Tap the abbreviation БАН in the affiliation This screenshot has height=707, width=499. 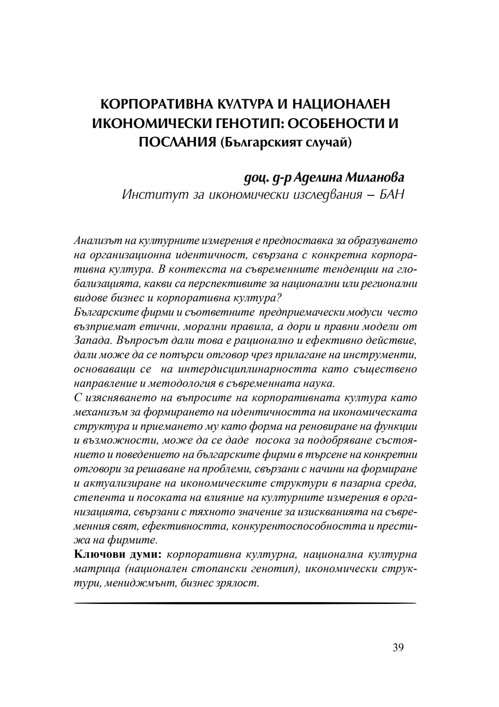(392, 195)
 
